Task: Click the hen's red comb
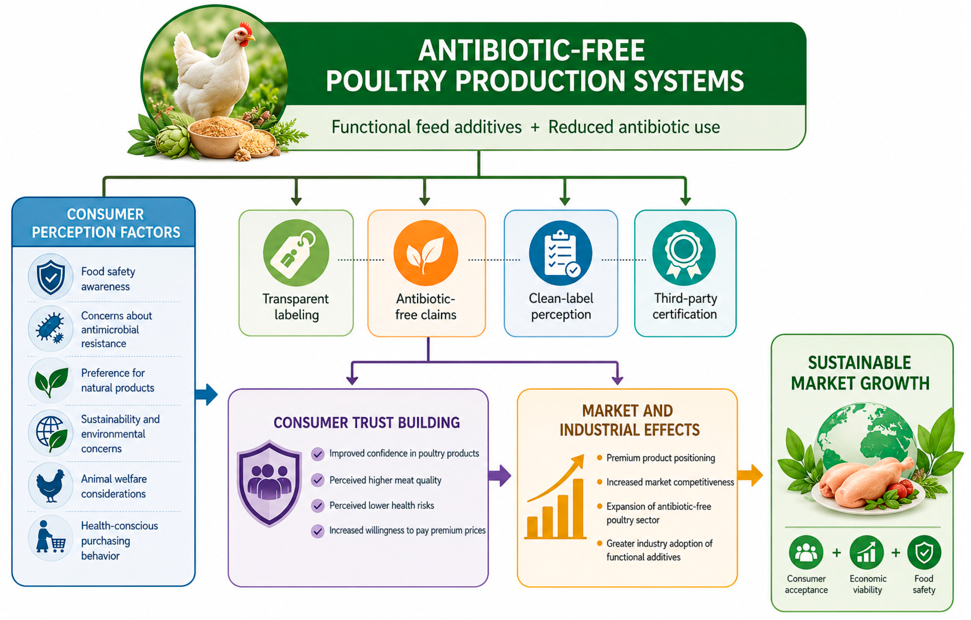tap(246, 29)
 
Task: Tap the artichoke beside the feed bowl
tap(173, 141)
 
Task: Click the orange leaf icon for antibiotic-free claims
tap(426, 253)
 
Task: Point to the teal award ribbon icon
tap(684, 253)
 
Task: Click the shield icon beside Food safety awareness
tap(50, 277)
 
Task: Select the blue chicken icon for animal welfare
tap(50, 485)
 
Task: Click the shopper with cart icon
tap(50, 538)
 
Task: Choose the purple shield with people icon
tap(269, 483)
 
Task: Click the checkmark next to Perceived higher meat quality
tap(318, 480)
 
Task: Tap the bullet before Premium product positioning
tap(600, 458)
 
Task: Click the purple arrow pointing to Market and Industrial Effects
tap(500, 476)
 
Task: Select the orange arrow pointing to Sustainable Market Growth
tap(750, 476)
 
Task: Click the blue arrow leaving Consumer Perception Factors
tap(206, 394)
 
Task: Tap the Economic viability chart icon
tap(867, 552)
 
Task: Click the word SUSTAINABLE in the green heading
tap(859, 363)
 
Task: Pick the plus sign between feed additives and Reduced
tap(535, 127)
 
